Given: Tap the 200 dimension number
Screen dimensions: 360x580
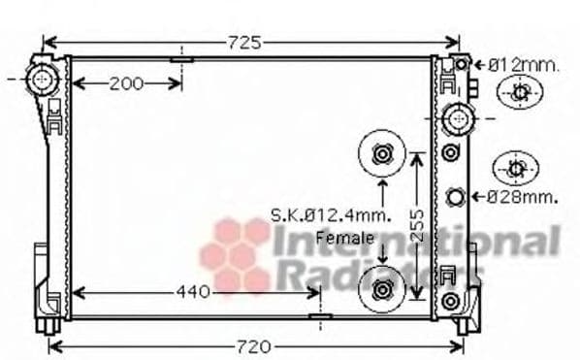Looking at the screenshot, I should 126,83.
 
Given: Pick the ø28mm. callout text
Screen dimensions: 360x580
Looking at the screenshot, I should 523,197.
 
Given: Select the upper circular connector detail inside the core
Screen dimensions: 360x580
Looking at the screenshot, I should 380,154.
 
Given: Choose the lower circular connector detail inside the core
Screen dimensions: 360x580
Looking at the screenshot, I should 380,289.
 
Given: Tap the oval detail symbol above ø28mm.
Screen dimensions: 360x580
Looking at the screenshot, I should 514,168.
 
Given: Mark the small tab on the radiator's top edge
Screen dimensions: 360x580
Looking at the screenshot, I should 181,58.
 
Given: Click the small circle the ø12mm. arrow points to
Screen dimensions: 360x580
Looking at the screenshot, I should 462,64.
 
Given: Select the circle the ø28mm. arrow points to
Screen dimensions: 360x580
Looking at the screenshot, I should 456,198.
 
